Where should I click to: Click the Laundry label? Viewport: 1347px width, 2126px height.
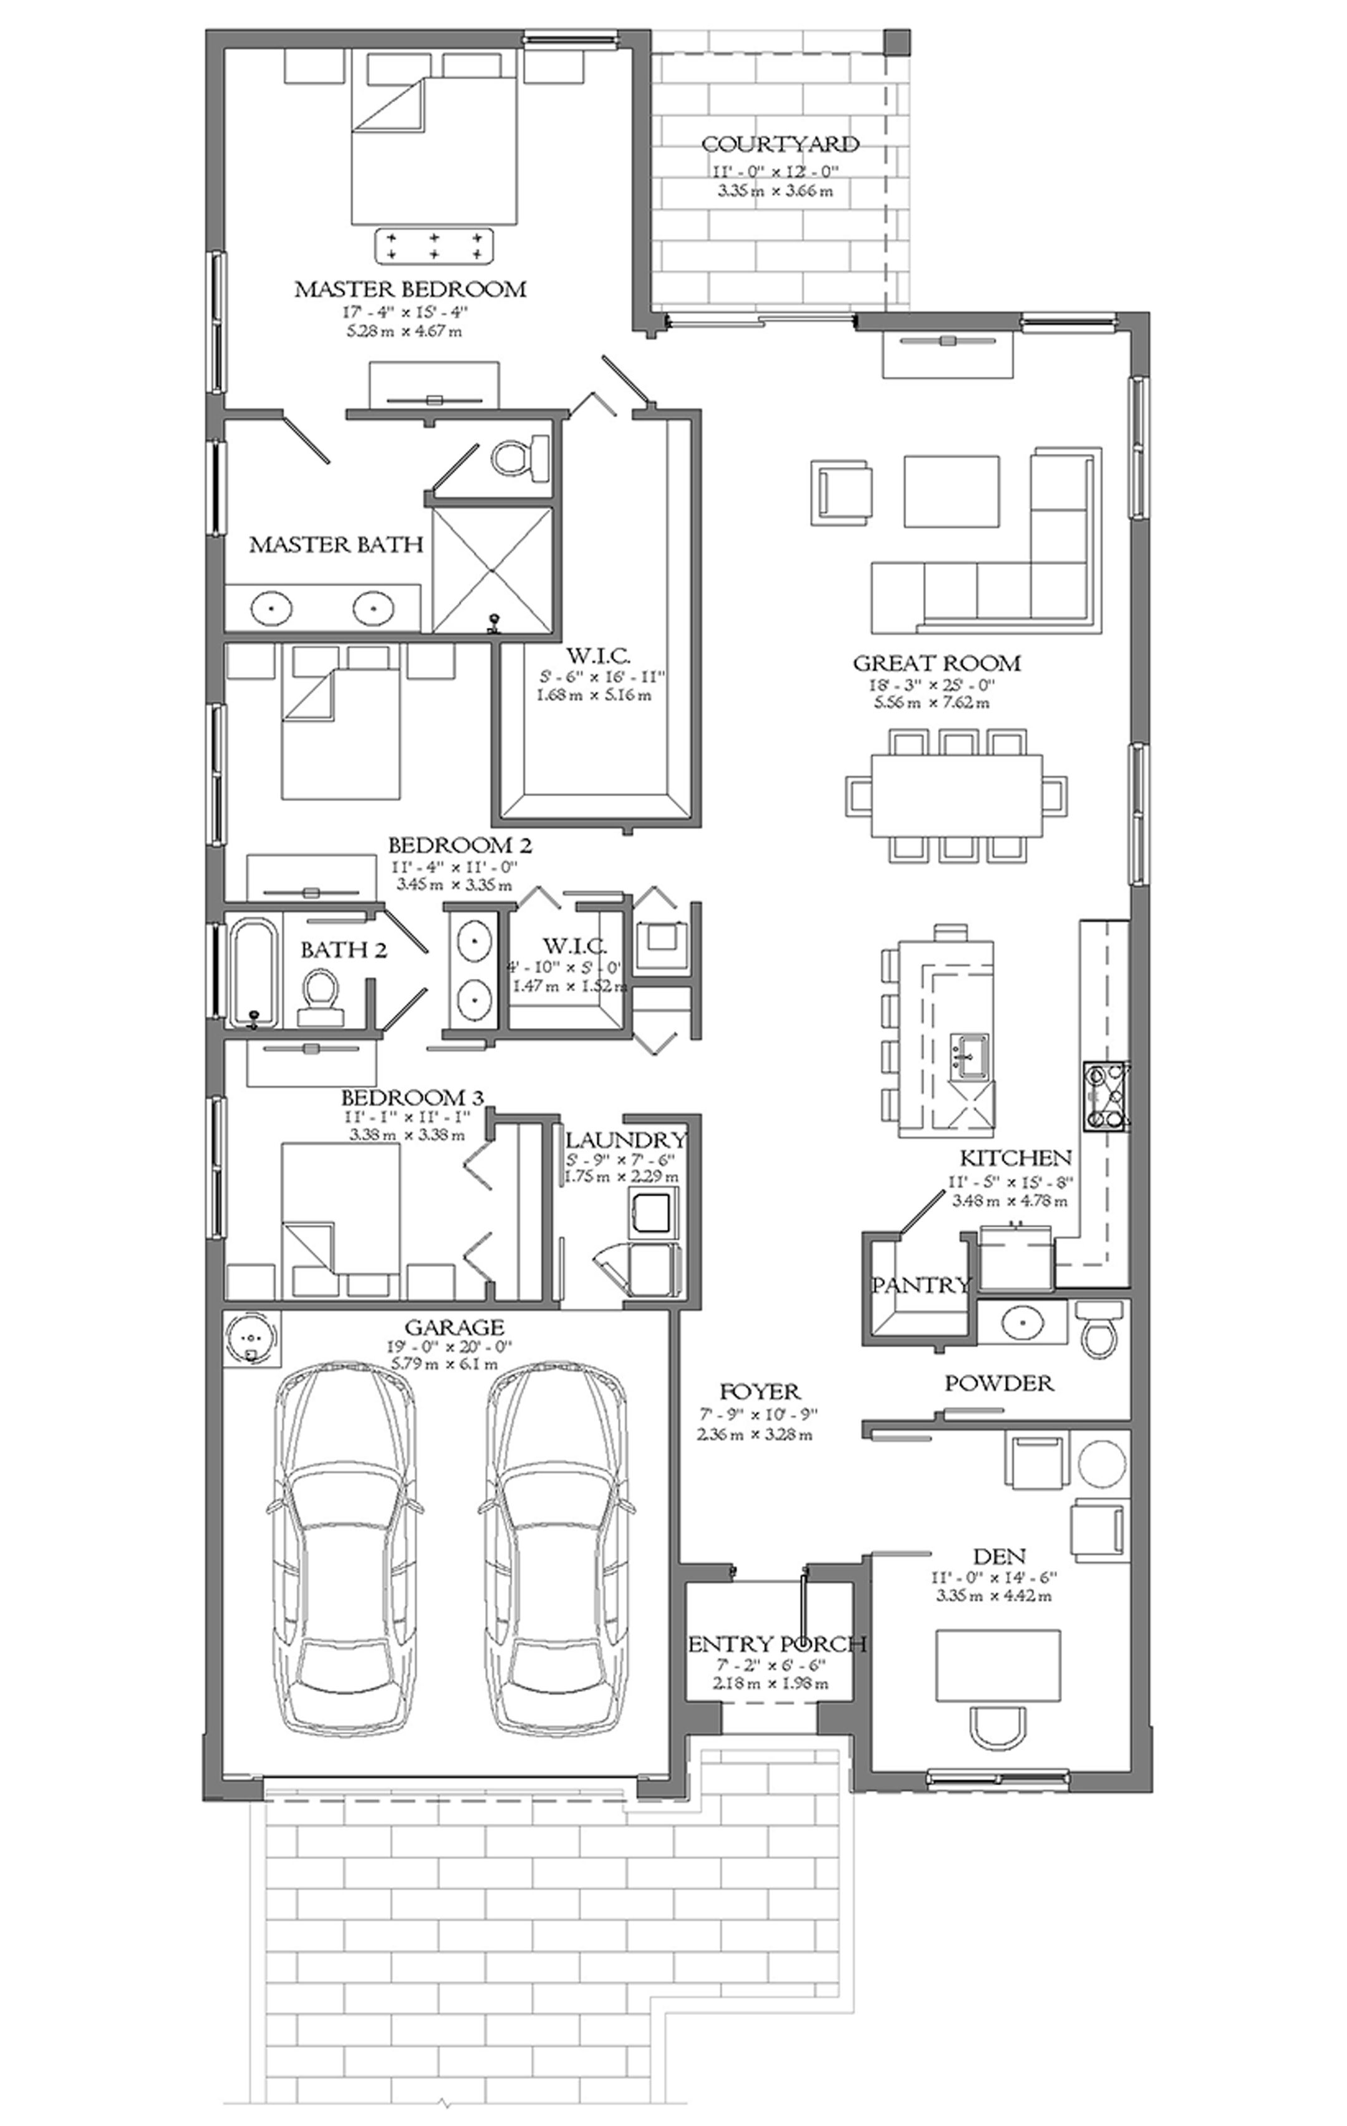626,1140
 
